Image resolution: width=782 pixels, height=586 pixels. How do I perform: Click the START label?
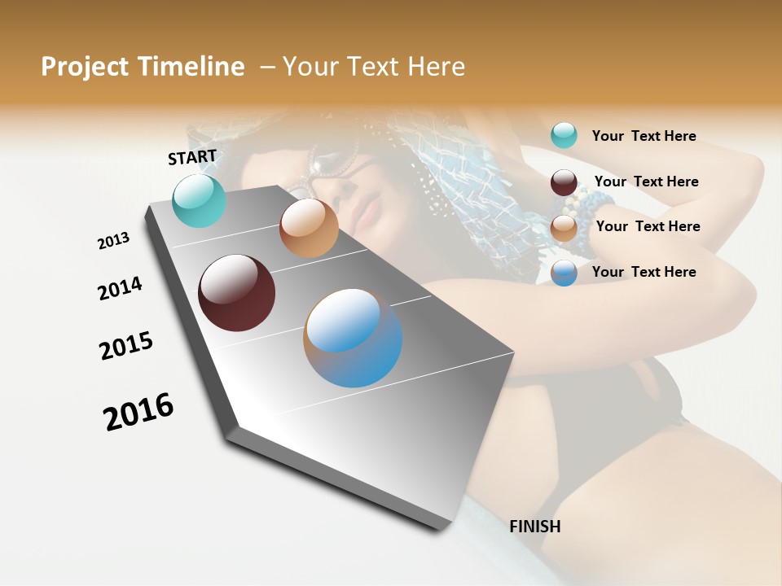192,157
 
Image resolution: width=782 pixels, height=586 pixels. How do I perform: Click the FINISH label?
535,527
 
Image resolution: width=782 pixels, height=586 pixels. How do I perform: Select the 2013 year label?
114,241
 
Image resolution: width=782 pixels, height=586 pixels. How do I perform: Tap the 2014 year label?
121,288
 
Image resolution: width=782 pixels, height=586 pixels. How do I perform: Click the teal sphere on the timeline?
200,200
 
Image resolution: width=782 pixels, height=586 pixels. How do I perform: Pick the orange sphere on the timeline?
309,228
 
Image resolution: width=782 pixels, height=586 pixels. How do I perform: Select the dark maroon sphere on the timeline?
237,293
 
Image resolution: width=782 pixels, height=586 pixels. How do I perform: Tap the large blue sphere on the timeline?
353,338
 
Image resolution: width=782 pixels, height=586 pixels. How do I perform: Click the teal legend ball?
564,135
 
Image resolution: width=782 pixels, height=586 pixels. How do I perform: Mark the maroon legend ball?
564,182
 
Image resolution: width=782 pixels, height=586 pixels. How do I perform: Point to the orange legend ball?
564,228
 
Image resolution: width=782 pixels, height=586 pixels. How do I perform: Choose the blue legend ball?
564,273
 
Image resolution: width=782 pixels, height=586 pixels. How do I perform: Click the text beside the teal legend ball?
644,136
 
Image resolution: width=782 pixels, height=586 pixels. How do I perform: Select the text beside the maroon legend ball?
646,181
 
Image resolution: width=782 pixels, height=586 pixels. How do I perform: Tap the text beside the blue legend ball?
644,272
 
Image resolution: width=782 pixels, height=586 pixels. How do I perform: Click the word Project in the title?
85,67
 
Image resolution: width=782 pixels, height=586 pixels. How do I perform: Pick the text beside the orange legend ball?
648,226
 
